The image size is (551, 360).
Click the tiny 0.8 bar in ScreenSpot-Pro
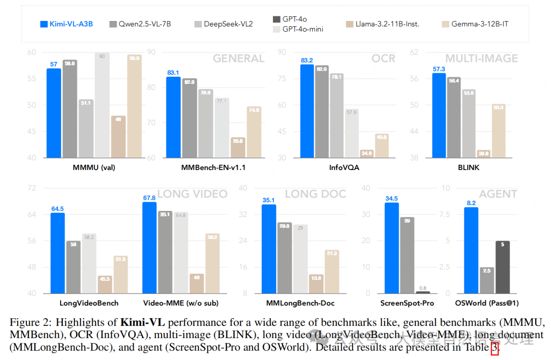coord(423,292)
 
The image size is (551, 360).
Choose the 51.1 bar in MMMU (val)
coord(86,128)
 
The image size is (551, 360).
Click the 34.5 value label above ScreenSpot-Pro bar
coord(392,198)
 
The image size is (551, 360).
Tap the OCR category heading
coord(383,58)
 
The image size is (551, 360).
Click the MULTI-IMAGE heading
coord(481,58)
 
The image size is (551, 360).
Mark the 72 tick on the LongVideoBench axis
coord(32,188)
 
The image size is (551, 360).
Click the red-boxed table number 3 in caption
coord(494,347)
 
